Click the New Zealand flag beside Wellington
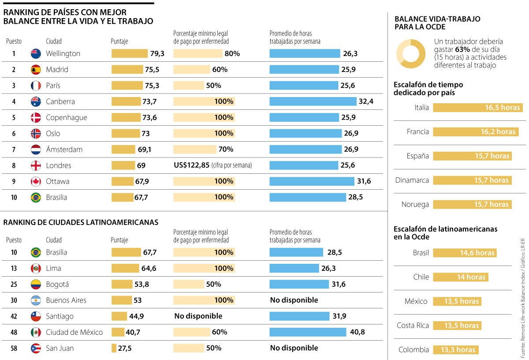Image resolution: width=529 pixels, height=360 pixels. (x=36, y=53)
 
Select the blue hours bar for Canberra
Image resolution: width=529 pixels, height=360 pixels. (x=313, y=101)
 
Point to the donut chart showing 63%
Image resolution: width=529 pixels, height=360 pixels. (x=410, y=54)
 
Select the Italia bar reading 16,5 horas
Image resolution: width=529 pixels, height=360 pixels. (x=477, y=108)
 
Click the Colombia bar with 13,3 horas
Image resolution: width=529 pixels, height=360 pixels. (x=455, y=350)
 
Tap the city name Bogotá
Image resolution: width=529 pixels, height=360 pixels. (x=57, y=284)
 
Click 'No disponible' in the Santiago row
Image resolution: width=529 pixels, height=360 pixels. (x=198, y=316)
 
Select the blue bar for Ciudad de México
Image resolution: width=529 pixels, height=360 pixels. (x=308, y=332)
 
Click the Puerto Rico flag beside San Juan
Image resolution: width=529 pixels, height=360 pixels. (x=36, y=348)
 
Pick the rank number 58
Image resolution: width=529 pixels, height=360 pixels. (x=14, y=348)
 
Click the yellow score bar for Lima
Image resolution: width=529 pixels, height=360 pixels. (x=125, y=268)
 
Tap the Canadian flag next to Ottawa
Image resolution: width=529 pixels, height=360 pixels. (x=36, y=181)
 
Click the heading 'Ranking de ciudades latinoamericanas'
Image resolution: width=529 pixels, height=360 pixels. (x=81, y=222)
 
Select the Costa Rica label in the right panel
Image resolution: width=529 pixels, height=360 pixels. (x=413, y=326)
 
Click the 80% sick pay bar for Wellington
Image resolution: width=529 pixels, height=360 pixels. (x=197, y=53)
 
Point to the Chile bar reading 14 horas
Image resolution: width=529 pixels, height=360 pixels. (x=460, y=277)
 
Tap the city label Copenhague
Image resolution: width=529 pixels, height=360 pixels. (x=67, y=117)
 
